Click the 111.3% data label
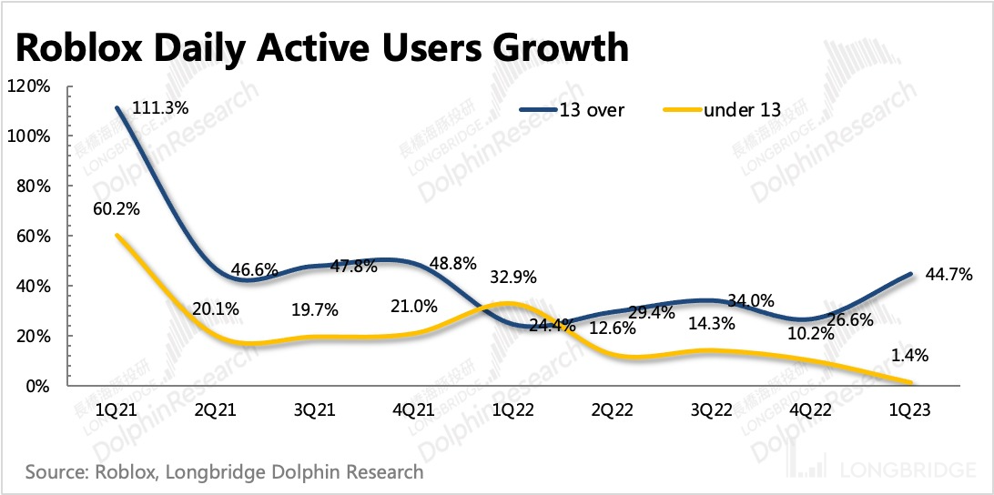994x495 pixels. [161, 107]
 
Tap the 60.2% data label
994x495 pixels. [115, 208]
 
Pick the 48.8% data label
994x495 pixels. [424, 263]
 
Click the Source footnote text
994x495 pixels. [224, 472]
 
